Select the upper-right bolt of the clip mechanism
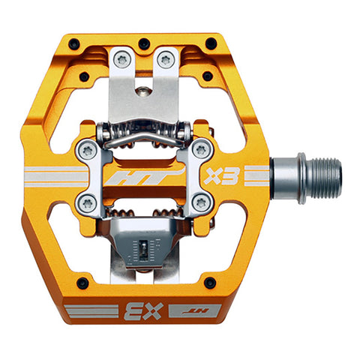point(199,149)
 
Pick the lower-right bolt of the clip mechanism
point(199,202)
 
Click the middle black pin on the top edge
point(143,43)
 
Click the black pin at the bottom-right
point(209,282)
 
